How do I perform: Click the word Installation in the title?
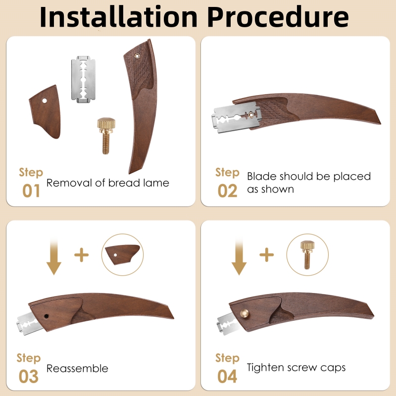[x=118, y=17]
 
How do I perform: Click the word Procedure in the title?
[x=278, y=17]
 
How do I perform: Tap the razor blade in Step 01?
[x=83, y=79]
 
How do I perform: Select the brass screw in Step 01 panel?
[x=106, y=136]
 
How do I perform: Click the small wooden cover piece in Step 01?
[x=46, y=112]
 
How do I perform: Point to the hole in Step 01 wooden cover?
[x=45, y=101]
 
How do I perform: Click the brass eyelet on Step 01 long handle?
[x=137, y=55]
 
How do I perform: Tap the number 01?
[x=31, y=191]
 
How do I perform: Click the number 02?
[x=227, y=191]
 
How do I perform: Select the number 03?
[x=29, y=377]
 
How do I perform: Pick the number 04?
[x=227, y=377]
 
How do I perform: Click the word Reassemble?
[x=77, y=369]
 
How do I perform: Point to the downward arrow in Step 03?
[x=54, y=256]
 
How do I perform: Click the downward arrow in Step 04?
[x=239, y=256]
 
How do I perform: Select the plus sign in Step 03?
[x=81, y=254]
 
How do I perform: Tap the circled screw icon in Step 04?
[x=307, y=254]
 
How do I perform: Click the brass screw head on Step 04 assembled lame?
[x=244, y=313]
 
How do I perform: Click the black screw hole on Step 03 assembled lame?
[x=46, y=316]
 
